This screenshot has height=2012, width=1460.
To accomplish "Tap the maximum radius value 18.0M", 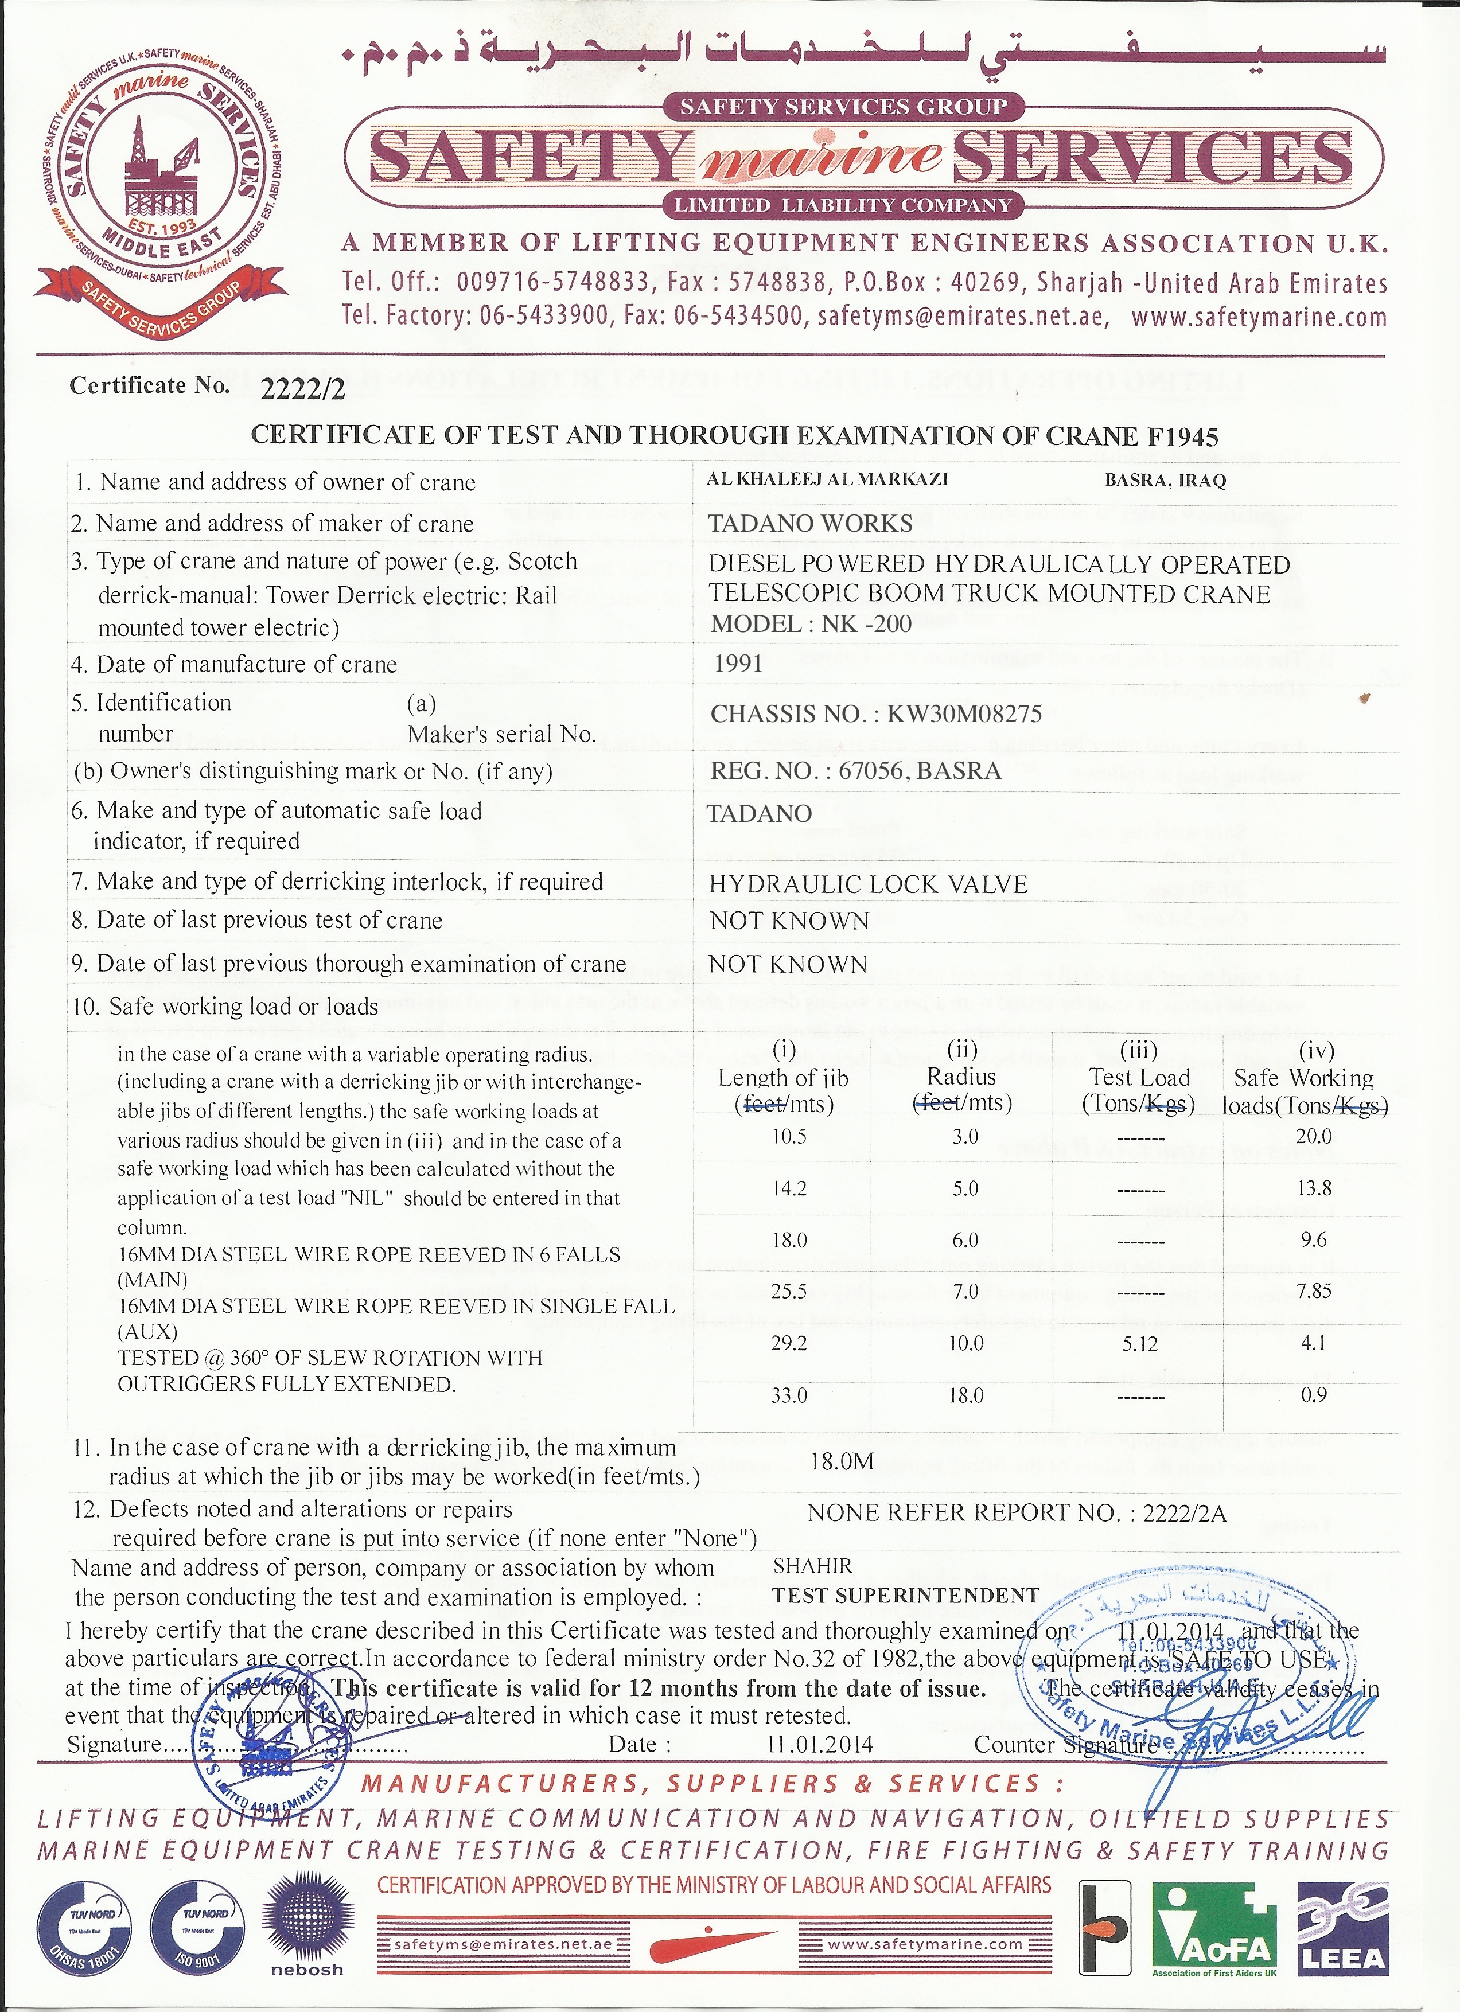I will click(842, 1461).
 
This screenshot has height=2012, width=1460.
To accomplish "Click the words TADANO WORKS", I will click(811, 524).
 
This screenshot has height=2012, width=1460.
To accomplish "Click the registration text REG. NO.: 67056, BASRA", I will click(855, 771).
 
